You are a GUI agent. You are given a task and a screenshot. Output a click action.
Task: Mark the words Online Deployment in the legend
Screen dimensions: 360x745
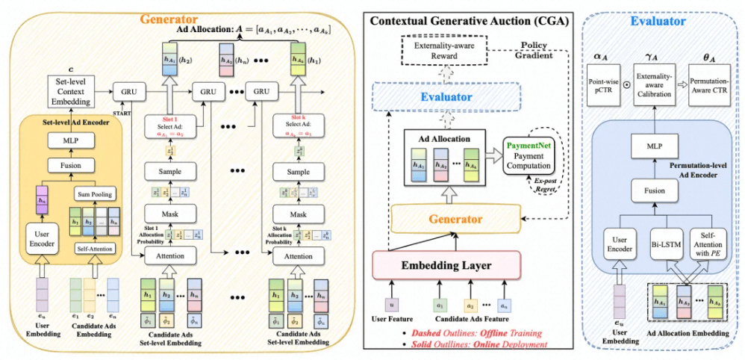pos(506,344)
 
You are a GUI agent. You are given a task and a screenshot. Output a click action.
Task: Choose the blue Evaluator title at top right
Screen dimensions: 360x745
pos(658,22)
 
